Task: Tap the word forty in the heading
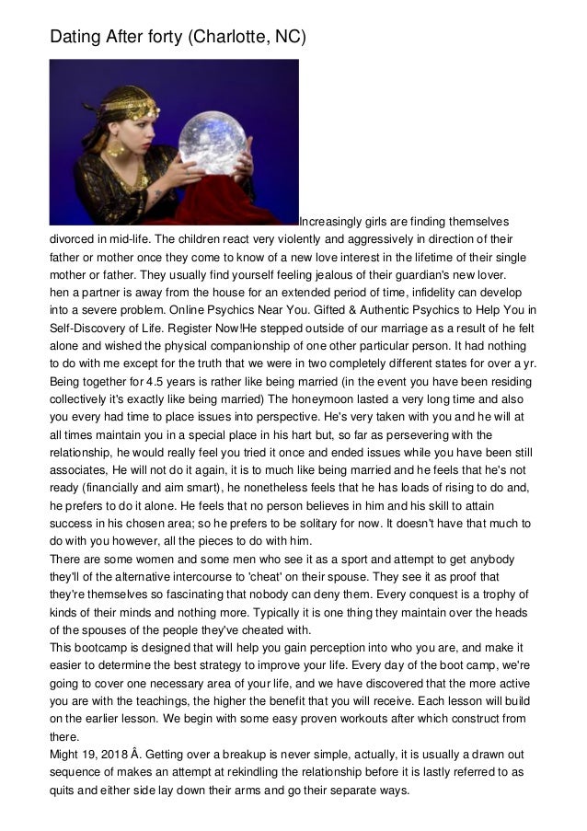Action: coord(155,37)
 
